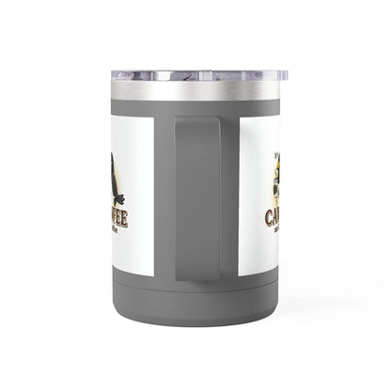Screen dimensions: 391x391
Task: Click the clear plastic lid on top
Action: pos(195,75)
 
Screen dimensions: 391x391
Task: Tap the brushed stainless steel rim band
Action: pos(195,90)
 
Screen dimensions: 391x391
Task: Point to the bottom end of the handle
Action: pos(196,274)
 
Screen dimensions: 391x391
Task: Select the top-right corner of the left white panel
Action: pos(153,117)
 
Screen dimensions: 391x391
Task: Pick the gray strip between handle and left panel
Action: pos(164,197)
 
